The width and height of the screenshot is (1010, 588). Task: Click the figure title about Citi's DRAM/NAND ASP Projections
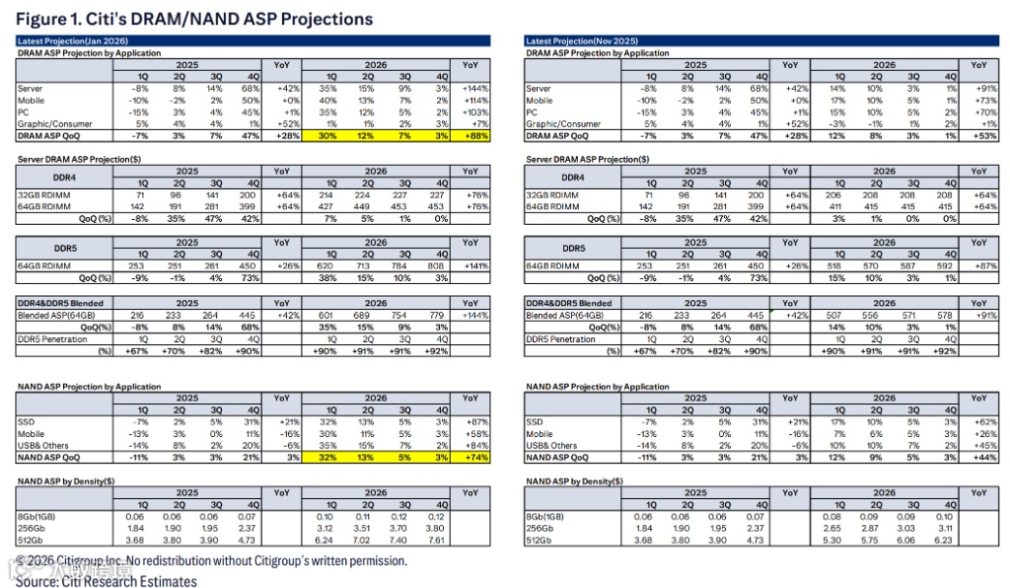click(194, 19)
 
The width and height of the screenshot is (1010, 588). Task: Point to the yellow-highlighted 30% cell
click(325, 136)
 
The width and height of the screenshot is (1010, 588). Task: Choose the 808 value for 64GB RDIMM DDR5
click(441, 265)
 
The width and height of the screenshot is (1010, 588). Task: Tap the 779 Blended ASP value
click(441, 315)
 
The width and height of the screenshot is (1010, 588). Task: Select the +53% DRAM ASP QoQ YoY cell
click(977, 136)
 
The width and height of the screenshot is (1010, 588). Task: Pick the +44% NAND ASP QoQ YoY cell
click(977, 457)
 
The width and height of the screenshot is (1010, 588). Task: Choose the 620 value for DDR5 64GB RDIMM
click(325, 265)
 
